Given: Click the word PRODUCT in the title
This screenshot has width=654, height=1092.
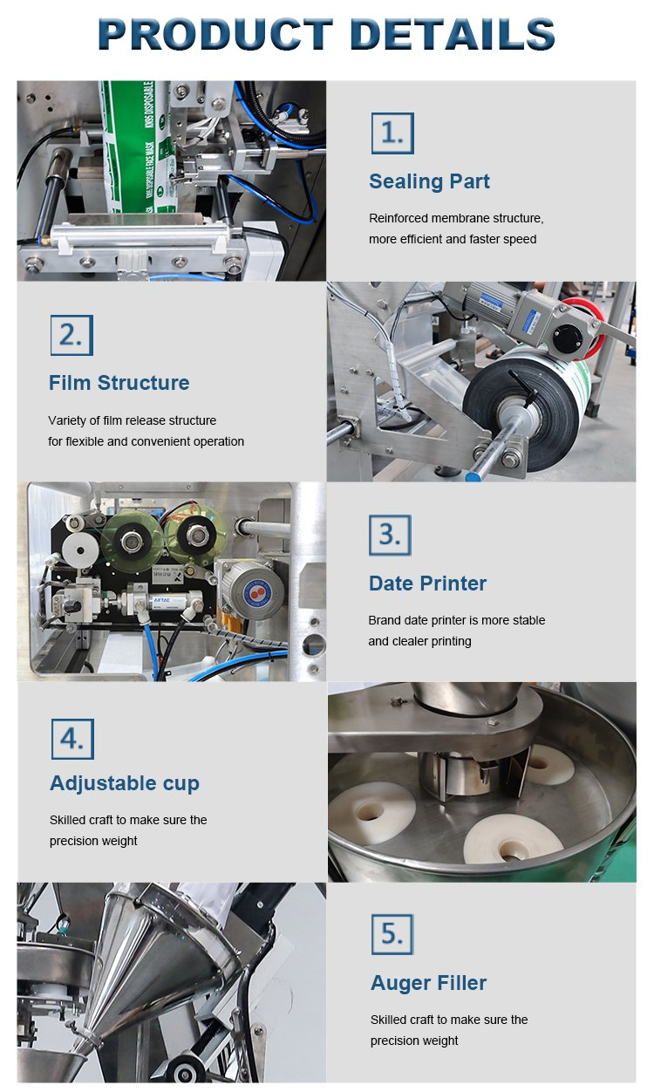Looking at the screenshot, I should (x=215, y=35).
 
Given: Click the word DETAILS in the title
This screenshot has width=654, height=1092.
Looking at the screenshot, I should (x=452, y=35).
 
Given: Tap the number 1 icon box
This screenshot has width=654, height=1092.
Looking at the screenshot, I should (x=392, y=133).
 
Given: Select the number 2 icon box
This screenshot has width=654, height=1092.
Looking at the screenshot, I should (x=72, y=334).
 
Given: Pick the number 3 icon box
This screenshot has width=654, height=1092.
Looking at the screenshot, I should (x=389, y=535).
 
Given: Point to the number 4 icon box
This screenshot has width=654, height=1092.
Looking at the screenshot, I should (x=72, y=738).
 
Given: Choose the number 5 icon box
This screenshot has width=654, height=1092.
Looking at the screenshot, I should (x=392, y=934).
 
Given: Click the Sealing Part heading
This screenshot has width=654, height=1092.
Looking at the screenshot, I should (x=429, y=181).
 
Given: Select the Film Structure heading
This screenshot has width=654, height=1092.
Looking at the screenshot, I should (x=119, y=383).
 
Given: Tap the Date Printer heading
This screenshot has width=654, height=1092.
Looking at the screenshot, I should (x=427, y=584).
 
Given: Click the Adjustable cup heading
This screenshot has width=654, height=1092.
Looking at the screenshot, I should (x=125, y=783).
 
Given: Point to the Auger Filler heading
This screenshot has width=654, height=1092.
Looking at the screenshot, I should (x=428, y=983).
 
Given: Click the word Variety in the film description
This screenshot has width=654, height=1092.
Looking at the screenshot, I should (x=67, y=420).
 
